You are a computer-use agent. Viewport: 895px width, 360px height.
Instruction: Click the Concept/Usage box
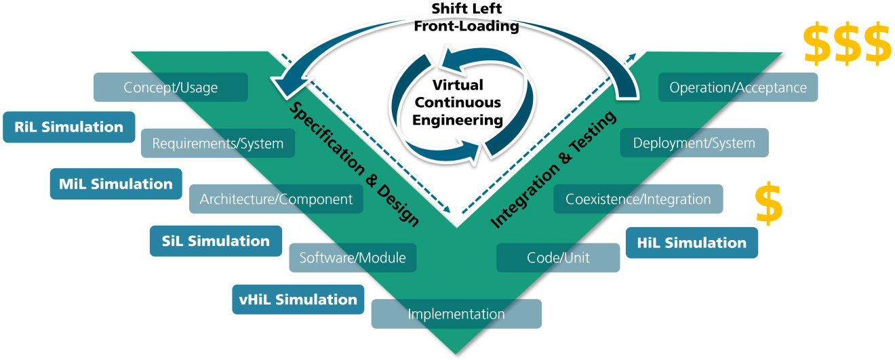coord(170,87)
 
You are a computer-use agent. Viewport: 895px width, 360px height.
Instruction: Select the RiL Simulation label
coord(68,127)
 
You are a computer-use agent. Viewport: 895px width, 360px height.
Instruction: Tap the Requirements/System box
coord(218,144)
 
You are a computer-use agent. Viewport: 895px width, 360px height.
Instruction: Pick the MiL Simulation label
coord(116,184)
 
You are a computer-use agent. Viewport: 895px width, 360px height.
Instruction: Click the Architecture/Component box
coord(276,199)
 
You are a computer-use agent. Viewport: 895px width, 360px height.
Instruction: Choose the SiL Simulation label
coord(216,241)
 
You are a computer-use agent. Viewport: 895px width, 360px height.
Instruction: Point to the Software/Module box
coord(353,258)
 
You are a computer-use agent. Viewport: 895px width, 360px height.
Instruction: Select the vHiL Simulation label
coord(298,299)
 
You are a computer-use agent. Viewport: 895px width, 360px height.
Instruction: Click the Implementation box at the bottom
coord(456,314)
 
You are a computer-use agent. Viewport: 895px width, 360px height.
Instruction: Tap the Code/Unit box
coord(558,258)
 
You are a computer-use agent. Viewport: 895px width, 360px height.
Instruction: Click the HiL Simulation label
coord(692,243)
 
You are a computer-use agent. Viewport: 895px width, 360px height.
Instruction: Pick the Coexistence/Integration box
coord(638,199)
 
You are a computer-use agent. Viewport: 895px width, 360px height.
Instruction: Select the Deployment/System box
coord(694,143)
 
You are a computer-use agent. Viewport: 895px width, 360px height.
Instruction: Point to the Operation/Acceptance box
coord(738,87)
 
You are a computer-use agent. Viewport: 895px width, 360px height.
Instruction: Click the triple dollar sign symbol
coord(847,43)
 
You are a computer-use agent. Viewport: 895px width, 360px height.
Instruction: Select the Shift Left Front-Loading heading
coord(475,18)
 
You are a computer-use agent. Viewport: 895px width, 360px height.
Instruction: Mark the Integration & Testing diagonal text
coord(553,169)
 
